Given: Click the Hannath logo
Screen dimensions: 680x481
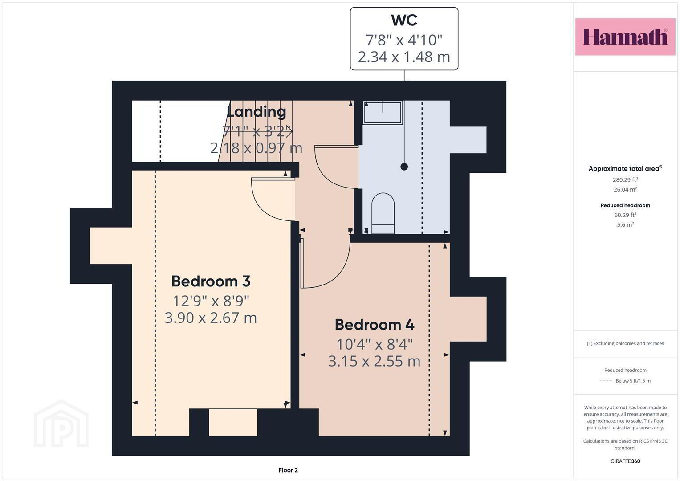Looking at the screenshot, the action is pos(625,37).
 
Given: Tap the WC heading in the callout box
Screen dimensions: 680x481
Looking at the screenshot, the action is pos(404,20).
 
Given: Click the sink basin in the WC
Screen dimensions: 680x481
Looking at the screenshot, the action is pos(383,113).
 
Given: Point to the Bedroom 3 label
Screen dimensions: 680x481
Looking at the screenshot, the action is pos(211,281).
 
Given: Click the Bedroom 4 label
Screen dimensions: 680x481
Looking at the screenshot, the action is pos(375,325).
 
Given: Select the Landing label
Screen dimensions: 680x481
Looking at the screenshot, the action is pos(256,112).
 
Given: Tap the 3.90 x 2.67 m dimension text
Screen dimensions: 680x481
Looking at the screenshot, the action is pos(211,318).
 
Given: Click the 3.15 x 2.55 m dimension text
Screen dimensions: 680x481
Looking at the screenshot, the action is pos(375,361).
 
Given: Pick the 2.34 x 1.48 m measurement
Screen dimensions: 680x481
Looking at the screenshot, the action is pos(404,57).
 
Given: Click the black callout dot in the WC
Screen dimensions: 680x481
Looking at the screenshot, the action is pos(404,167).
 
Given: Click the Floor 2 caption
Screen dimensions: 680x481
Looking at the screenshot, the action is pos(288,470).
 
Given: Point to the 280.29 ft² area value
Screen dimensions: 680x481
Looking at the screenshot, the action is pos(625,179).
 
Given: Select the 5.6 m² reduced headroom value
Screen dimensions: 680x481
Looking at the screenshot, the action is pos(625,224).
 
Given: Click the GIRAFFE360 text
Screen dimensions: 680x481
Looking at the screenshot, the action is pos(625,461).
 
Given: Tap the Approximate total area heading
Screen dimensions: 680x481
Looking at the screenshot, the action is pos(625,168).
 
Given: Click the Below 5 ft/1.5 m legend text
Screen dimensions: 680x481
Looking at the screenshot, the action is pos(633,381).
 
